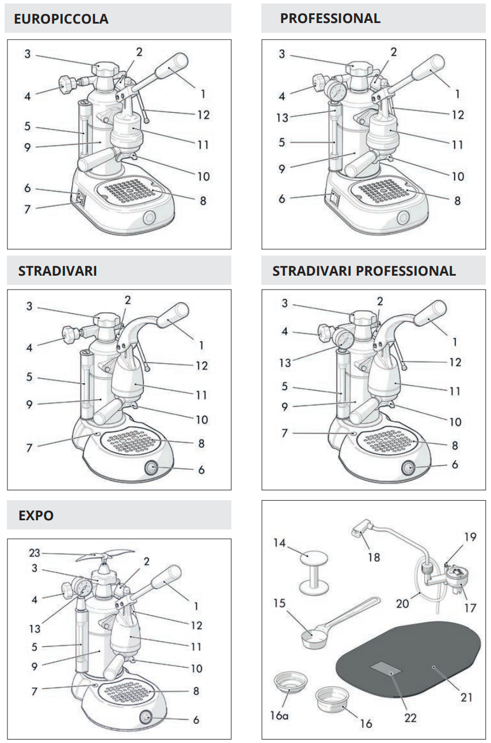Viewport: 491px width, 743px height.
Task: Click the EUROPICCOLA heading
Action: point(62,19)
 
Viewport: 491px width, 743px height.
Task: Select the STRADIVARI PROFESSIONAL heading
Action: point(364,270)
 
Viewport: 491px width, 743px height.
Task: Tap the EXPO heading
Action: point(36,515)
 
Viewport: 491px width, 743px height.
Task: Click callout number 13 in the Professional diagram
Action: point(281,117)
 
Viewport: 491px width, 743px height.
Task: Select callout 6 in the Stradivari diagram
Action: point(201,470)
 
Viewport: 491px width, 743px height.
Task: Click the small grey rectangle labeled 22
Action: point(387,668)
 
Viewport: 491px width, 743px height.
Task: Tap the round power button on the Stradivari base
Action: point(152,467)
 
